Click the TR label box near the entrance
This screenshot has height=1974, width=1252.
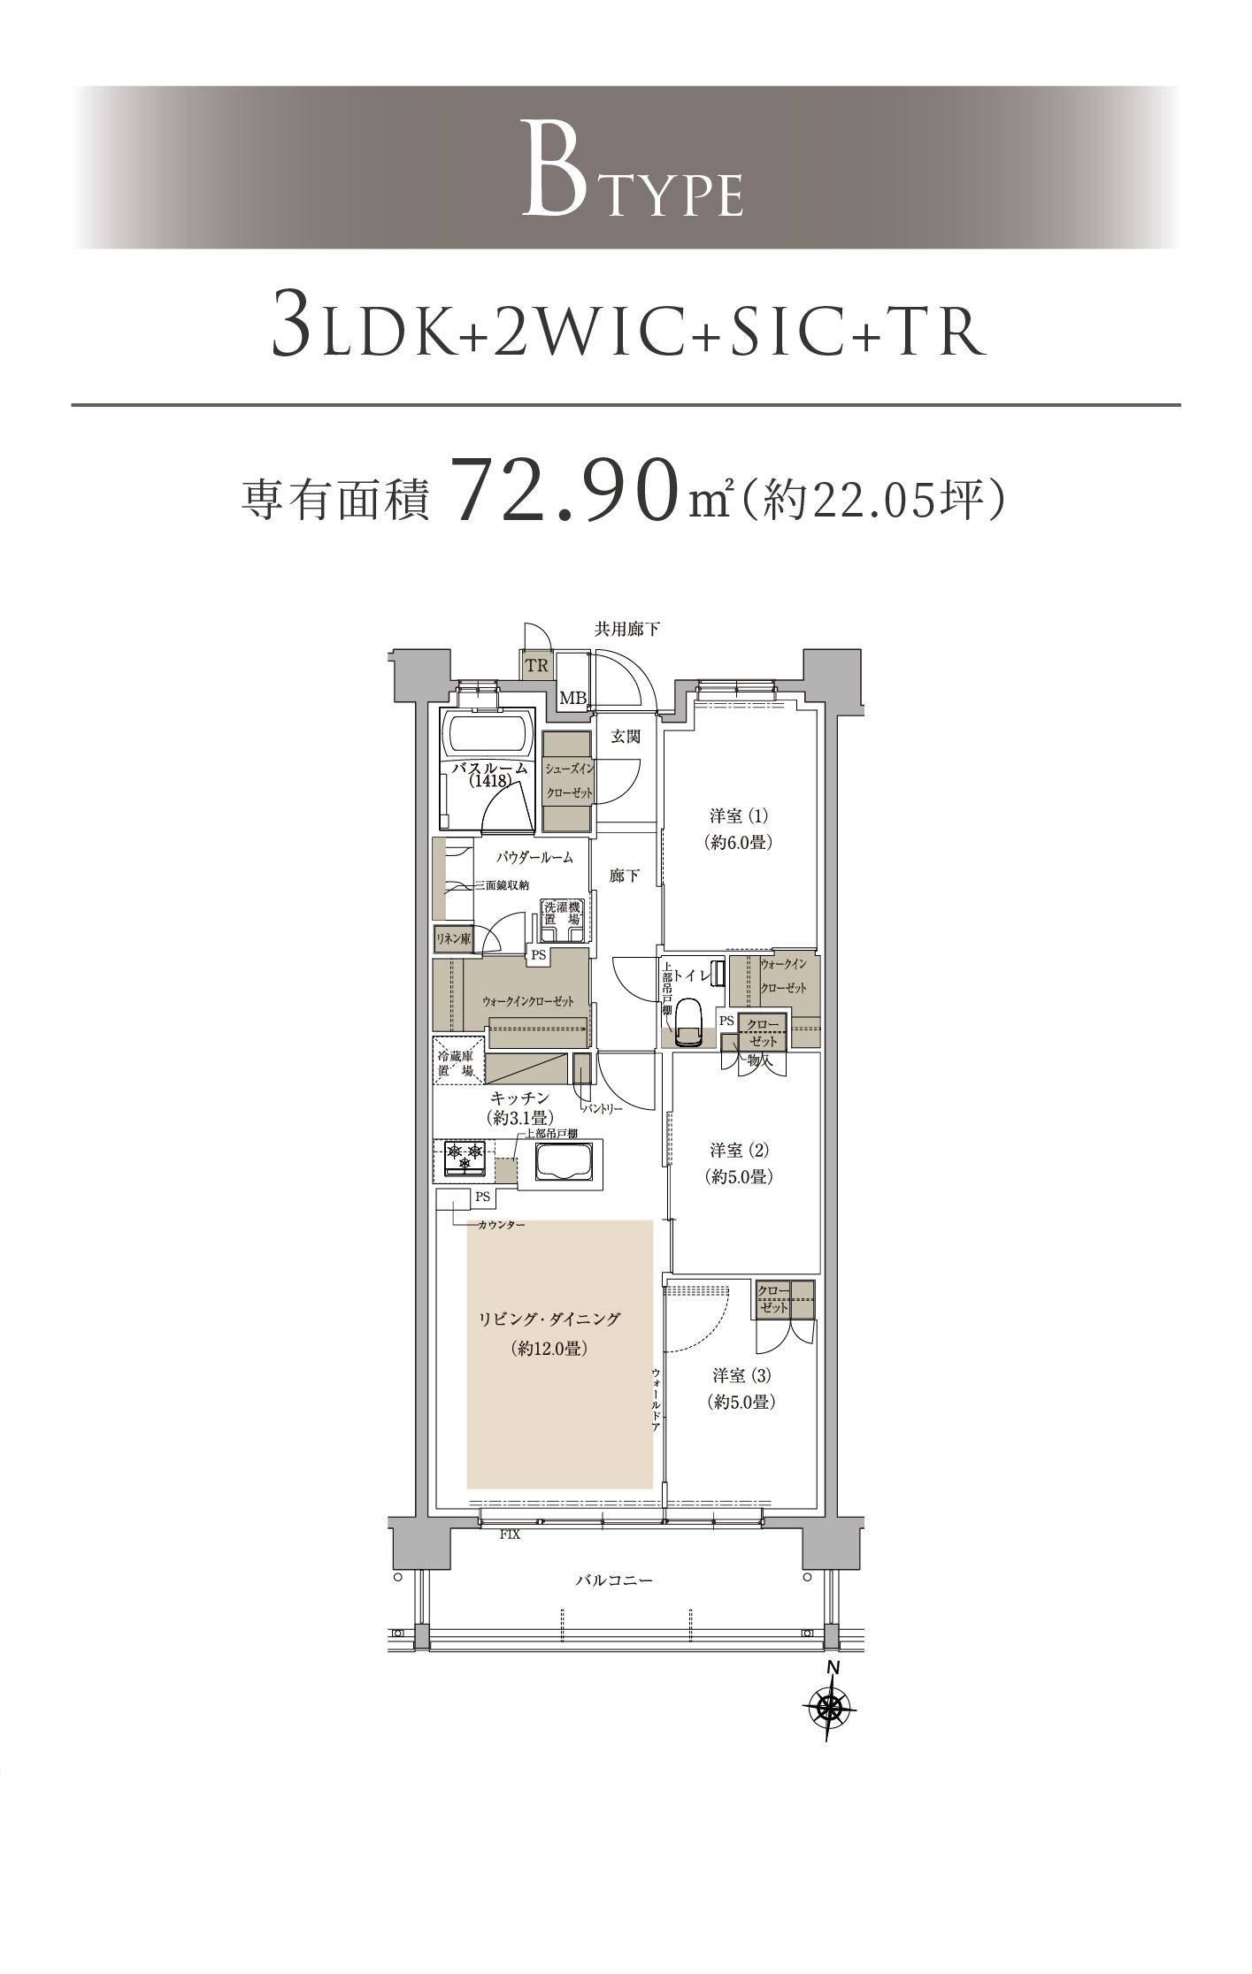coord(536,665)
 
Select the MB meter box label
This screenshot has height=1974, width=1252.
coord(572,699)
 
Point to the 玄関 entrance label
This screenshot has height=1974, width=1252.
coord(626,736)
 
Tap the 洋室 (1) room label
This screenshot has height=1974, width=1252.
coord(739,815)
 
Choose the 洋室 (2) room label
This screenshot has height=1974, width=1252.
coord(740,1151)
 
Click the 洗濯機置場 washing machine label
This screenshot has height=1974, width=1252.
coord(561,913)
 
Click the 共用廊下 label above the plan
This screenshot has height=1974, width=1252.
coord(627,630)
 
